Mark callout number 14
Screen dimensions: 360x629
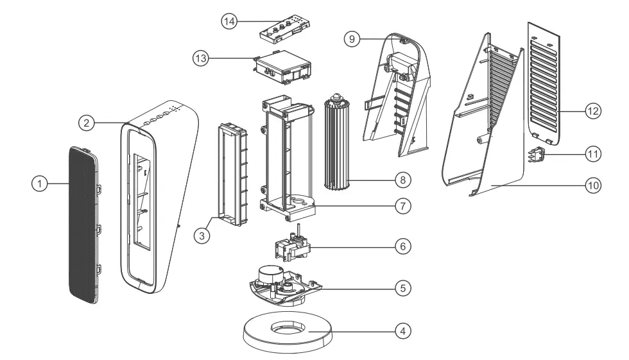pyautogui.click(x=229, y=21)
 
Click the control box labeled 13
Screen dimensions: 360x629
pyautogui.click(x=282, y=68)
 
